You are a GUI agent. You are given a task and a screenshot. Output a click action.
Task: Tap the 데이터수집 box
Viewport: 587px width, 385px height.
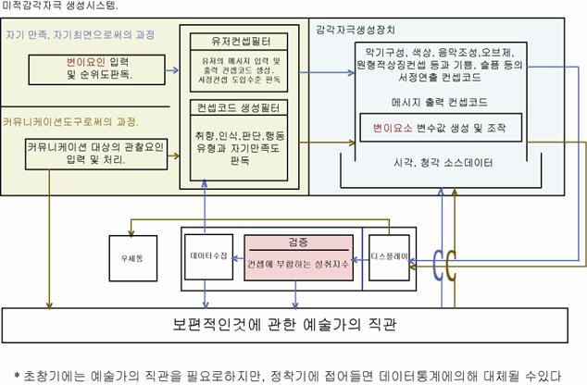208,254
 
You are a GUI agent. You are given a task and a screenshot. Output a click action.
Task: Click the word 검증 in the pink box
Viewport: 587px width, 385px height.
298,242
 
